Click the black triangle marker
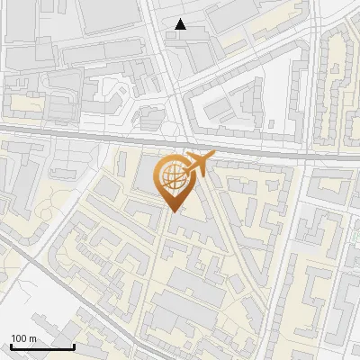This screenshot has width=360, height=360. pyautogui.click(x=182, y=25)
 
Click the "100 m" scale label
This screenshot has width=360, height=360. pyautogui.click(x=23, y=337)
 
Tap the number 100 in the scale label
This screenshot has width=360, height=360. pyautogui.click(x=19, y=337)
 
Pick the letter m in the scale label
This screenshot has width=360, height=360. pyautogui.click(x=32, y=337)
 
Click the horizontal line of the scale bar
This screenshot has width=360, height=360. pyautogui.click(x=41, y=346)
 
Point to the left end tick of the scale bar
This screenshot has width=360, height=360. pyautogui.click(x=10, y=345)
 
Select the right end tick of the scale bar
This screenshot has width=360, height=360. pyautogui.click(x=73, y=345)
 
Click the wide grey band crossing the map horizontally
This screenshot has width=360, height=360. pyautogui.click(x=90, y=137)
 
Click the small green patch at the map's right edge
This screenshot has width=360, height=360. pyautogui.click(x=356, y=233)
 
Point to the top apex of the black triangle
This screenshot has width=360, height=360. pyautogui.click(x=182, y=20)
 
